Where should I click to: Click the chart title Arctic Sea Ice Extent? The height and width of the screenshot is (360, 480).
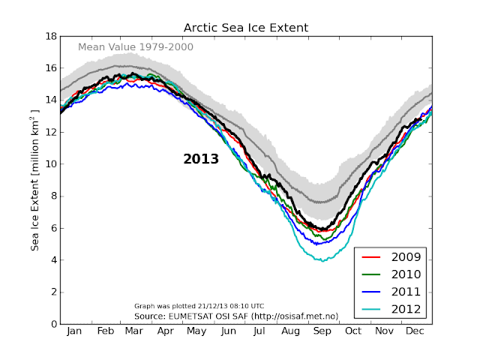[246, 28]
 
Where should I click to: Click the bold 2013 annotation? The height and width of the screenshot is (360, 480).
[201, 159]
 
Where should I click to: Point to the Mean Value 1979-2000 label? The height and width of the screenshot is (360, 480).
[136, 47]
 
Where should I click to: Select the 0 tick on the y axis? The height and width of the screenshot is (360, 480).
[53, 325]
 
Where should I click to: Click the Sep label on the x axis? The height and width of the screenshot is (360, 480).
[322, 331]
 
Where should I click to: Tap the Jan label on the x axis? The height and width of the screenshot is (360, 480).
[75, 331]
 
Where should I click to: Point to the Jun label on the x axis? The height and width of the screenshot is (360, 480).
[229, 331]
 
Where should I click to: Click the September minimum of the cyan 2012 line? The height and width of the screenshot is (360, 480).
[322, 261]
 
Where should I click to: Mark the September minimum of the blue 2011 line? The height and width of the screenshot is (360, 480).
[318, 244]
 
